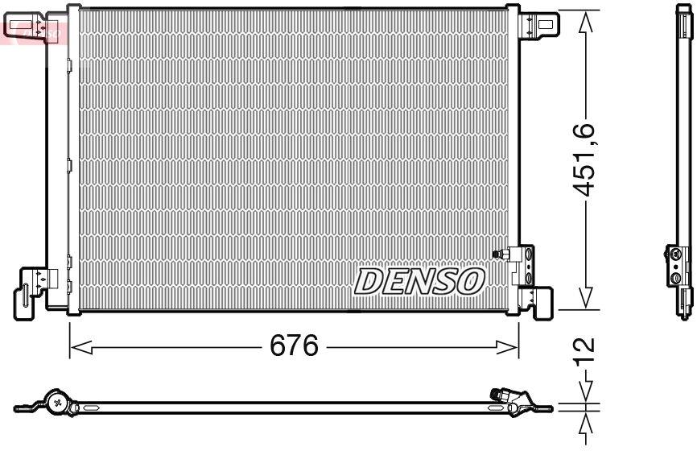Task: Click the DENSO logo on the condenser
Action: coord(419,281)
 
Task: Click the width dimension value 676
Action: coord(294,347)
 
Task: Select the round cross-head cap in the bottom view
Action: coord(57,400)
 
